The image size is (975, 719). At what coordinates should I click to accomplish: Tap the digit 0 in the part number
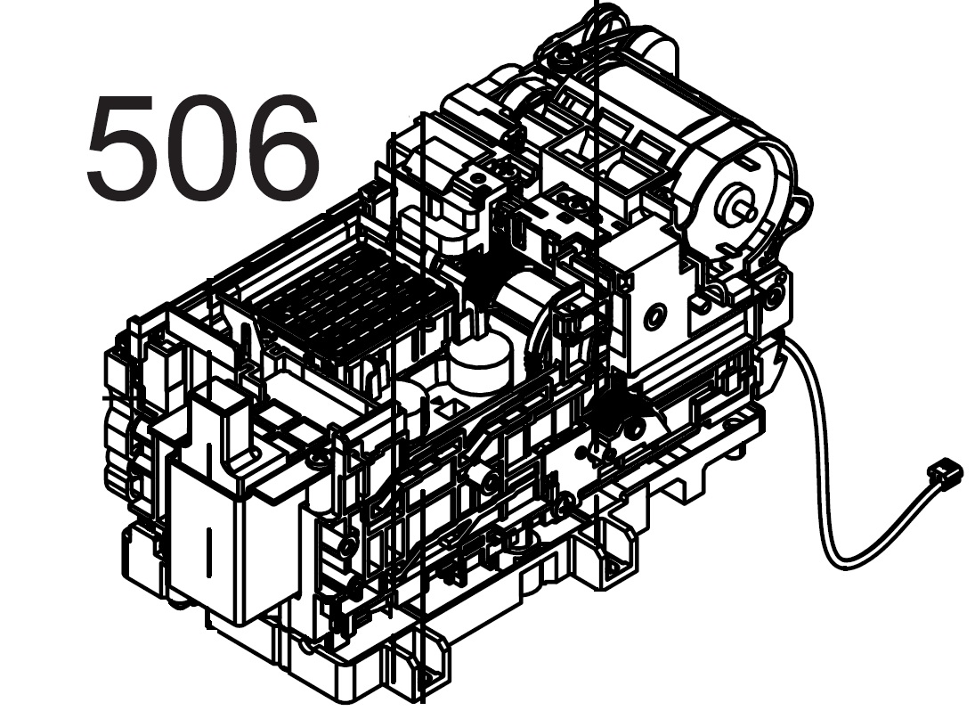(x=204, y=147)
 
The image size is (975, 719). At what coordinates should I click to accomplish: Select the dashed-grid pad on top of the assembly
(x=348, y=305)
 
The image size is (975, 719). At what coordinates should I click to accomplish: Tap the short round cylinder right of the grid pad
(x=479, y=361)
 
